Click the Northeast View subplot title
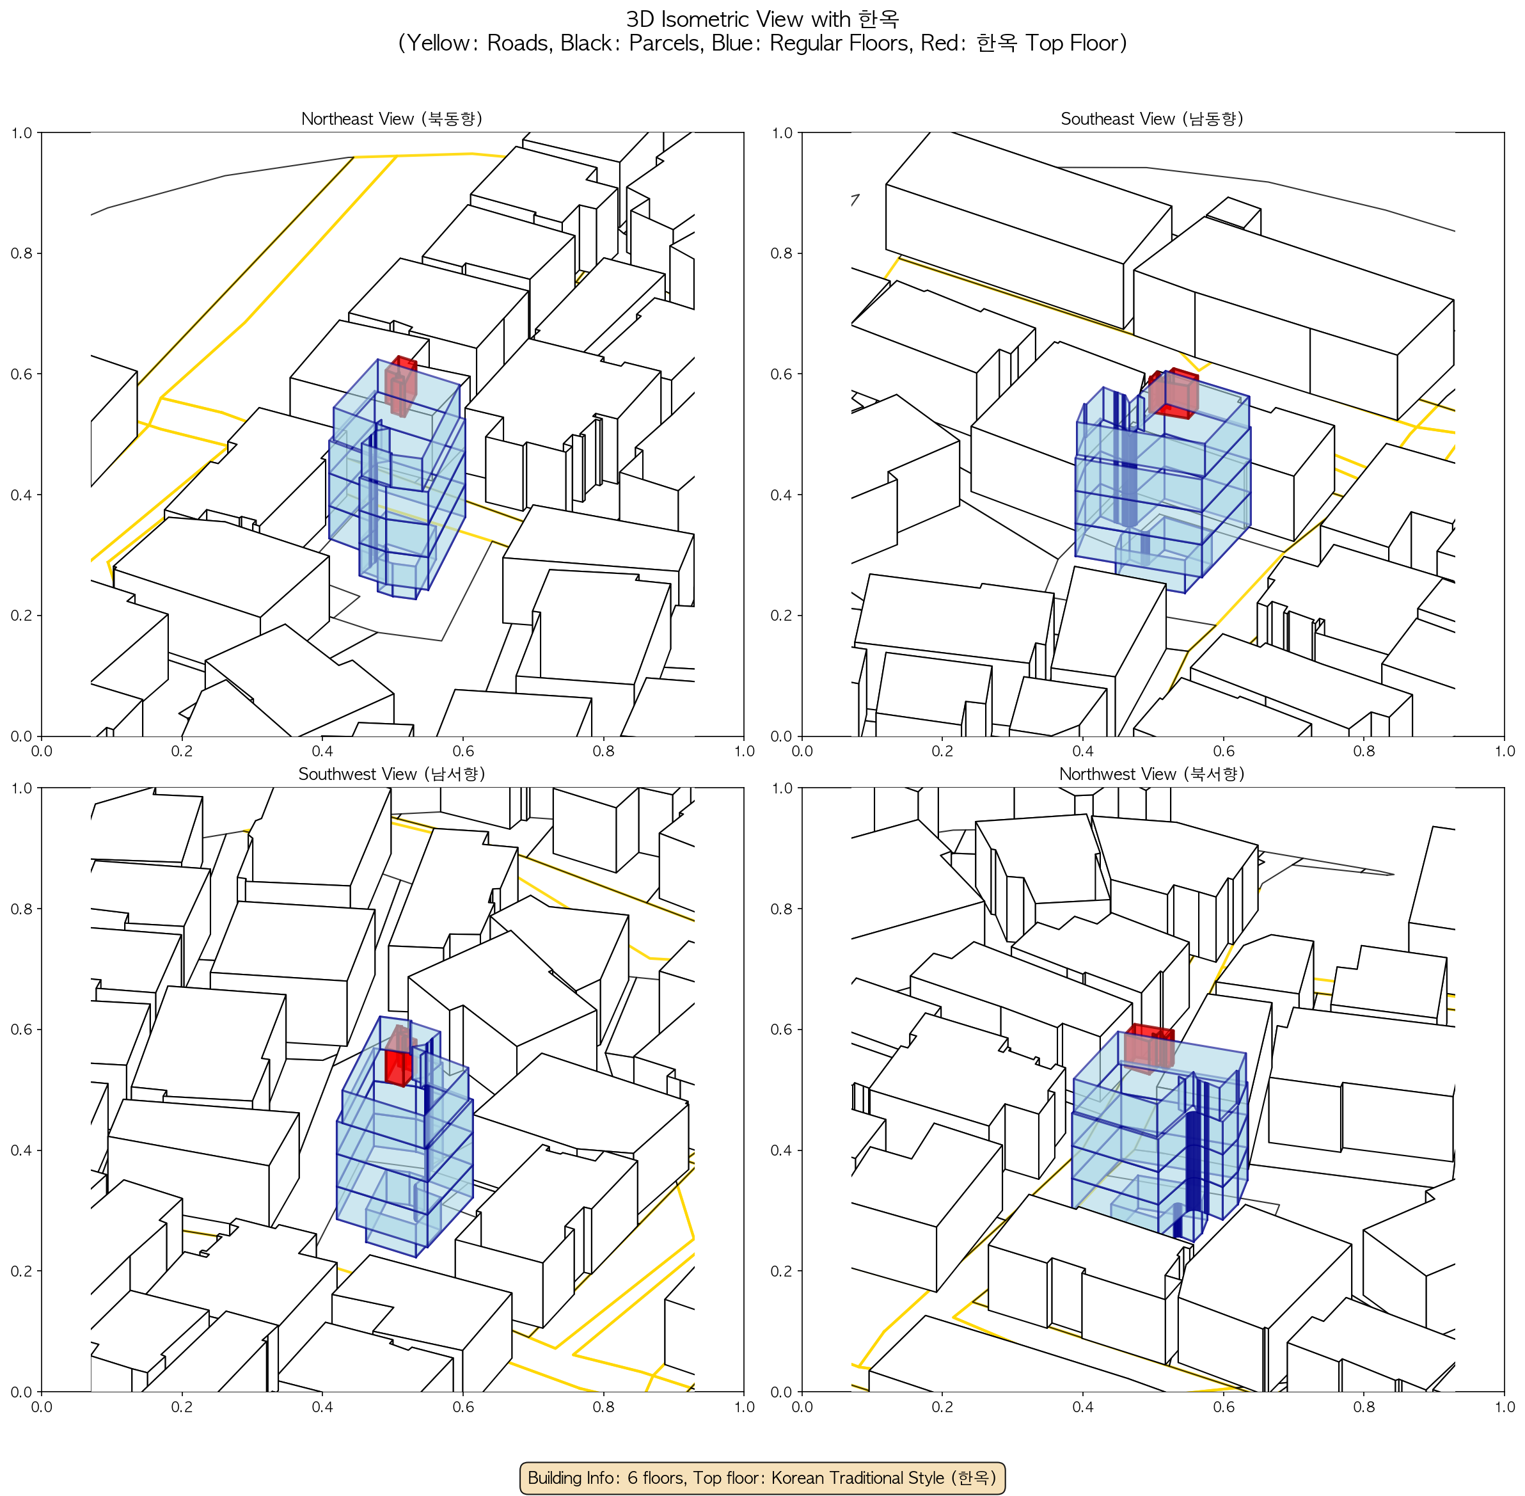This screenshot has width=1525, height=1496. [392, 118]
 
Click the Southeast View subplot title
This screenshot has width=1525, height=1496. [1152, 118]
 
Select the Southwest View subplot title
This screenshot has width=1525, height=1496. [392, 774]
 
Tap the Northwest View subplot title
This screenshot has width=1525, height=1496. [1152, 774]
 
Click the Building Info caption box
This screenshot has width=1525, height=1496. [762, 1477]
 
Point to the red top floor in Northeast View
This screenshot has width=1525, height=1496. [400, 386]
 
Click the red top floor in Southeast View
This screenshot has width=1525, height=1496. [1173, 394]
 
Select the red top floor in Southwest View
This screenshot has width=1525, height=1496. [400, 1056]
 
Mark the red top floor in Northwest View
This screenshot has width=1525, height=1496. [1150, 1048]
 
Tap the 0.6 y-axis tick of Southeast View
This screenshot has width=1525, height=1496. [782, 374]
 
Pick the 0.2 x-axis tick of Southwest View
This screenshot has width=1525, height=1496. [182, 1406]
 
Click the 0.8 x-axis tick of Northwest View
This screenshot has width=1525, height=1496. [1364, 1406]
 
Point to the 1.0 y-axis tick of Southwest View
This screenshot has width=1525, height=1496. [21, 788]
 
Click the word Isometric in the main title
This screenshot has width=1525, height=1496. [709, 19]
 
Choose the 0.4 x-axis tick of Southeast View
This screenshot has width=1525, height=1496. [1083, 751]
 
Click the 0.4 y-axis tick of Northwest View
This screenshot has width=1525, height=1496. [782, 1150]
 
